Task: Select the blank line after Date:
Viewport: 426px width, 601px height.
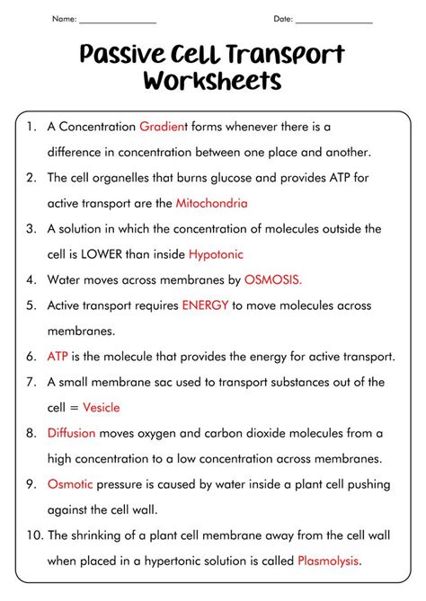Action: (333, 20)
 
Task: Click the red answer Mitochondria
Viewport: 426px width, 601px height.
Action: (212, 203)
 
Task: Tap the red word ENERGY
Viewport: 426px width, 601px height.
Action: (205, 305)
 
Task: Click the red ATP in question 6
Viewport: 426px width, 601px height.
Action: (58, 357)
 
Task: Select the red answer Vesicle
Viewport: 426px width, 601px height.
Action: (101, 407)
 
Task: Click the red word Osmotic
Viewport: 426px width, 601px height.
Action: (70, 484)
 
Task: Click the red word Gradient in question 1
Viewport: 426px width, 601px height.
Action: (163, 127)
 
